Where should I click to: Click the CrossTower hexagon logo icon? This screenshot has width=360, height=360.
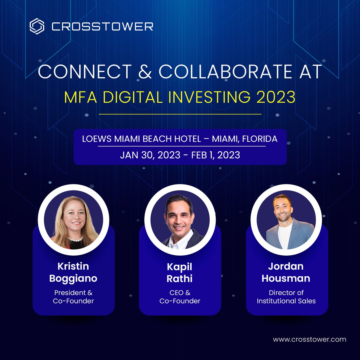[37, 26]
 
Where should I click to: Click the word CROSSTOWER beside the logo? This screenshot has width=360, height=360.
[102, 26]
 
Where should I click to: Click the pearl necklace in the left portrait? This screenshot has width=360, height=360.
[75, 239]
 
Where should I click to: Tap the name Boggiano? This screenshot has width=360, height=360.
[73, 278]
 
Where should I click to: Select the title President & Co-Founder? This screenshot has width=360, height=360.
[73, 297]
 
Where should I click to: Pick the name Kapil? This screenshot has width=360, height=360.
[180, 266]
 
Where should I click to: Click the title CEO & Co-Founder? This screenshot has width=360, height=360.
[180, 297]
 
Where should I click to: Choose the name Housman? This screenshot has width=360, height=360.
[286, 278]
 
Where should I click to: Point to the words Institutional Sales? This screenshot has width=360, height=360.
[286, 301]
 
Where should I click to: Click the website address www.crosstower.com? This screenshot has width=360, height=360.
[309, 340]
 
